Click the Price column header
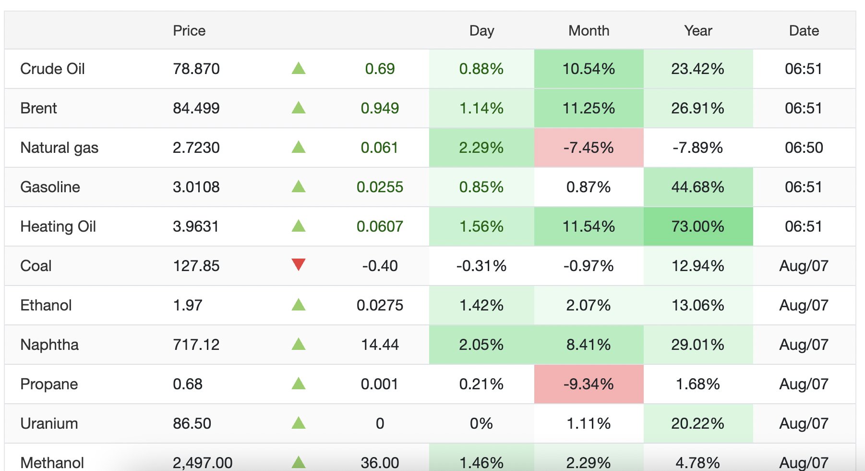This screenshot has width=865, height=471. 189,31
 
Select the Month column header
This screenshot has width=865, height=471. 589,31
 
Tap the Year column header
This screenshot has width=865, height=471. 698,31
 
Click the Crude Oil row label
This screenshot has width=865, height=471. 52,69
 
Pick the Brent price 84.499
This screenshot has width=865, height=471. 196,108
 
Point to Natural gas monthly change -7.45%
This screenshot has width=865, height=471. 589,148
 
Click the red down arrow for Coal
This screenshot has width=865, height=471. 299,265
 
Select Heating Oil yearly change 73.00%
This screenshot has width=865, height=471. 697,226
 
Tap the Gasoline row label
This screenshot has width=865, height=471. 50,187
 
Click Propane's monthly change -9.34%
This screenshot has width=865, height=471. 589,384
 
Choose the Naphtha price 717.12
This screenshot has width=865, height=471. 196,345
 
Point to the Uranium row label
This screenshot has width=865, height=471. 49,423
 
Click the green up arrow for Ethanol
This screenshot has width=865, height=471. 299,304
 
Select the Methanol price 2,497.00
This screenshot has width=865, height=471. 203,463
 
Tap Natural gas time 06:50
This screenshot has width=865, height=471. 804,148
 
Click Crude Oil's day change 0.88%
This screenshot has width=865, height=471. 481,69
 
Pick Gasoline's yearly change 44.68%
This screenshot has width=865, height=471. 697,187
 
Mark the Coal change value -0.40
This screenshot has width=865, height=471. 380,266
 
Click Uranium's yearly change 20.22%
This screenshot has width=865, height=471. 697,423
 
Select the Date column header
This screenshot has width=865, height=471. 804,31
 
